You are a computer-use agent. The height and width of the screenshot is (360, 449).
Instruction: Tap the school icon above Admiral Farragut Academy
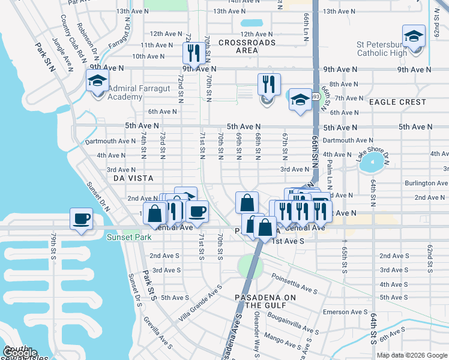click(97, 80)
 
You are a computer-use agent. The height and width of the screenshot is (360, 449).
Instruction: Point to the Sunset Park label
click(126, 237)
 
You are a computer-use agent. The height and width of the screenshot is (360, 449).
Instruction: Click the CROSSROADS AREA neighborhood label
click(247, 46)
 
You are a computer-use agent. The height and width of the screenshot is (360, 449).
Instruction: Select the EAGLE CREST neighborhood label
click(397, 102)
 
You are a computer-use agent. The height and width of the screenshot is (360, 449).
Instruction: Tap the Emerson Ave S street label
click(345, 312)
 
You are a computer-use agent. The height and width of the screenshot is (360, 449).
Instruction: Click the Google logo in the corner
click(20, 353)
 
